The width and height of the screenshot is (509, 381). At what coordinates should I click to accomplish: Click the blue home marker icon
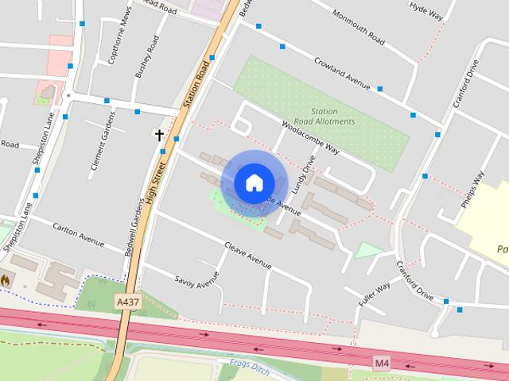253,183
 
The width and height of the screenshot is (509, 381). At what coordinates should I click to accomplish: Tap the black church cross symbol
159,135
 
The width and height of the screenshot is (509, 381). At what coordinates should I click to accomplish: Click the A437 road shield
127,302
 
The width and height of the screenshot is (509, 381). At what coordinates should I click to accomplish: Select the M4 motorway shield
383,363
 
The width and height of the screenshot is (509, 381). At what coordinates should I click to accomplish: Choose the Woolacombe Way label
311,137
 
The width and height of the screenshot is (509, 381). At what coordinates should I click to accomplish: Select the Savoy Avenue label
196,280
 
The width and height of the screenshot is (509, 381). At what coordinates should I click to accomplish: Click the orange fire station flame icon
6,280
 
